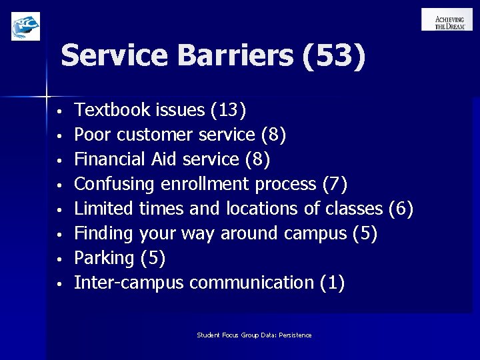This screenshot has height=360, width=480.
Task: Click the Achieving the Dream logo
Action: tap(447, 19)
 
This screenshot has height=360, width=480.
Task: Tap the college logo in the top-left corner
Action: tap(25, 26)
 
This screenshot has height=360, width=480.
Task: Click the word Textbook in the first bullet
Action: tap(104, 109)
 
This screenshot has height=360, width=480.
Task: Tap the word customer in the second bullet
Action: tap(156, 135)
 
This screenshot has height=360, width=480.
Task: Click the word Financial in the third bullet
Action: tap(107, 160)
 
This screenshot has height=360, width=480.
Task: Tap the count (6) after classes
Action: tap(401, 209)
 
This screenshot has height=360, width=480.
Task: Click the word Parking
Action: tap(103, 259)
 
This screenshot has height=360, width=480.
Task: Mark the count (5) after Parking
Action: tap(152, 258)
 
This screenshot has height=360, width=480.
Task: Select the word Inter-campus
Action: tap(128, 283)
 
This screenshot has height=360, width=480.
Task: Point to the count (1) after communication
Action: tap(332, 283)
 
